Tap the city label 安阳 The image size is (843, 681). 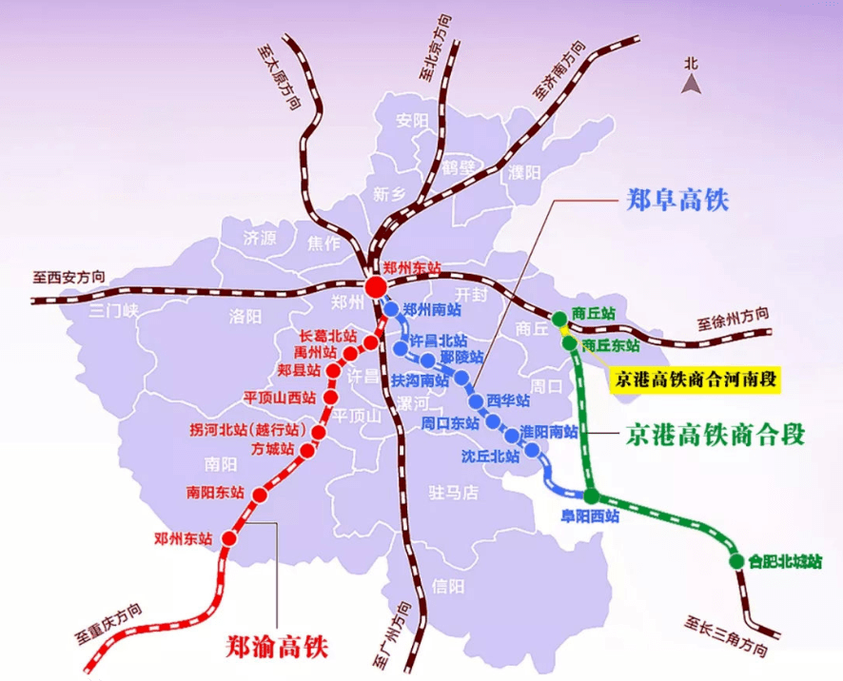pos(413,121)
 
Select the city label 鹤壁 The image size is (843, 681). pos(458,168)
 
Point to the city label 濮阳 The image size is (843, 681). pos(523,172)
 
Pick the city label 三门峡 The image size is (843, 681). pos(114,311)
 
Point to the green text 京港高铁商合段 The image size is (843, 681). pos(716,435)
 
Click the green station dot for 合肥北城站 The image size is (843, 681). pos(736,560)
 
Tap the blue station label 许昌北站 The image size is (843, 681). pos(438,340)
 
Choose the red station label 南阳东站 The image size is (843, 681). pos(215,493)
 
